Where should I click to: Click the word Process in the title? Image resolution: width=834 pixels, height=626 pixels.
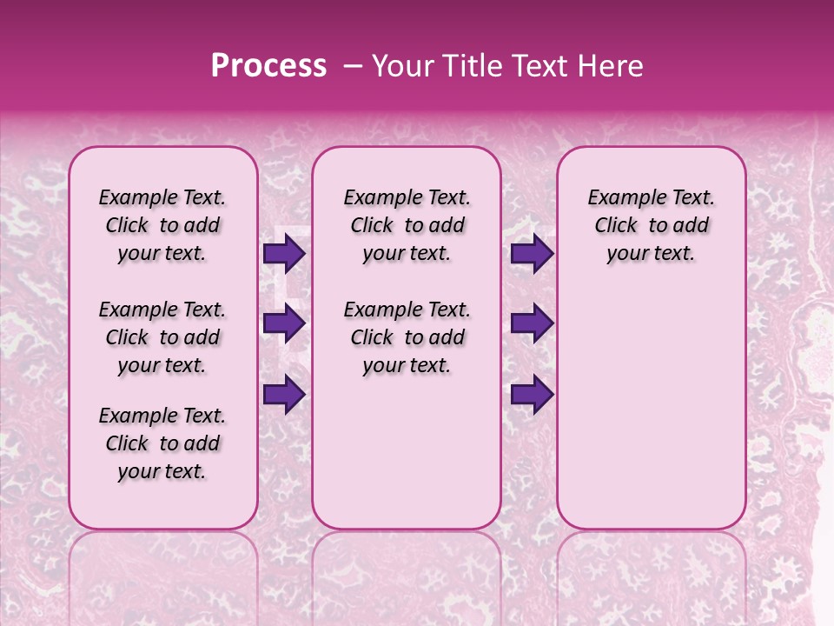[x=268, y=66]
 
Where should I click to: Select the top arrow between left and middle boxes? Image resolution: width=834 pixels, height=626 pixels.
[x=283, y=254]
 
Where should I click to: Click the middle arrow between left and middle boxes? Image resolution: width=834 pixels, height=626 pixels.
[x=283, y=324]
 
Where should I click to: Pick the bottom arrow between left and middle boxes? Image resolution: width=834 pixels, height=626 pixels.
[x=283, y=394]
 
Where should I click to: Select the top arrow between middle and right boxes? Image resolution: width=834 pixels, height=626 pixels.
[x=532, y=254]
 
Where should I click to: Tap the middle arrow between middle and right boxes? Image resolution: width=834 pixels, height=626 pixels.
[x=532, y=324]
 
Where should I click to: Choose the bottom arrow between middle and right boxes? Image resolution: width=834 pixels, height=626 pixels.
[x=532, y=394]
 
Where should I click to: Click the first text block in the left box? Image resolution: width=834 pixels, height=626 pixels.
[x=162, y=225]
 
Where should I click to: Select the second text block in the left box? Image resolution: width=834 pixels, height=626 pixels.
[x=162, y=337]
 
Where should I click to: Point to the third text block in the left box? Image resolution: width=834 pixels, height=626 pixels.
[x=162, y=443]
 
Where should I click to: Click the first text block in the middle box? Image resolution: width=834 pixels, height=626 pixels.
[x=407, y=225]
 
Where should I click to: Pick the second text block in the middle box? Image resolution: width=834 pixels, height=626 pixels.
[x=407, y=337]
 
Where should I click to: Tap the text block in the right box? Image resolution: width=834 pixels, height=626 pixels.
[x=651, y=225]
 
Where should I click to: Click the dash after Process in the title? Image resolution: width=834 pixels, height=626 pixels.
[x=353, y=66]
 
